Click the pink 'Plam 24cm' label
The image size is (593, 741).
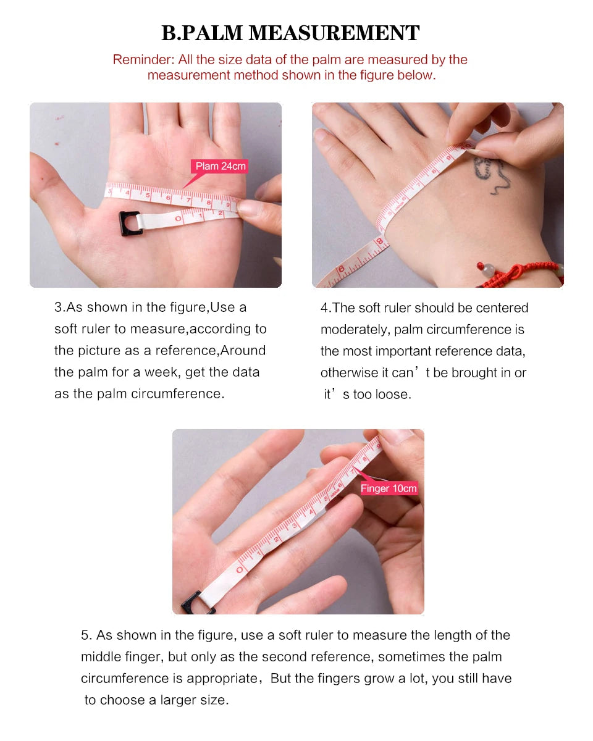[x=220, y=166]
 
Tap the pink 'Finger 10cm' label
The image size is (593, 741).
[x=389, y=488]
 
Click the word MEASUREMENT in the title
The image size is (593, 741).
[x=334, y=33]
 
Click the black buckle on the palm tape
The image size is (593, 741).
[x=130, y=223]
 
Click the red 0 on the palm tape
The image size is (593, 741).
[x=178, y=219]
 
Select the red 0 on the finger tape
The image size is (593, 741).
[x=240, y=569]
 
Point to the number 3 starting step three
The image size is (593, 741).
[x=58, y=307]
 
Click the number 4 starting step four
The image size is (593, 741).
[x=324, y=308]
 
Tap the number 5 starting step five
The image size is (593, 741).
[x=85, y=635]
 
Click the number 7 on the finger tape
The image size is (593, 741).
[x=353, y=472]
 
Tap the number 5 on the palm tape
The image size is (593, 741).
[x=148, y=195]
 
